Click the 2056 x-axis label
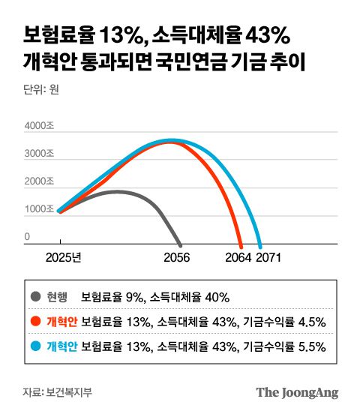(x=177, y=257)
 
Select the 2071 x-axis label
(x=268, y=257)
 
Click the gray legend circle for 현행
(x=36, y=296)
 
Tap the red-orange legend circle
(x=36, y=321)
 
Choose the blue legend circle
(x=36, y=346)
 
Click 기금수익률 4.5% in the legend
(x=283, y=322)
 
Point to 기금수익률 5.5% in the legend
(x=283, y=346)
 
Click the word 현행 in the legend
(x=57, y=296)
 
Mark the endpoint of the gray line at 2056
(x=180, y=244)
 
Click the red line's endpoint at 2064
(x=241, y=245)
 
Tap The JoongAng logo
(x=297, y=392)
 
